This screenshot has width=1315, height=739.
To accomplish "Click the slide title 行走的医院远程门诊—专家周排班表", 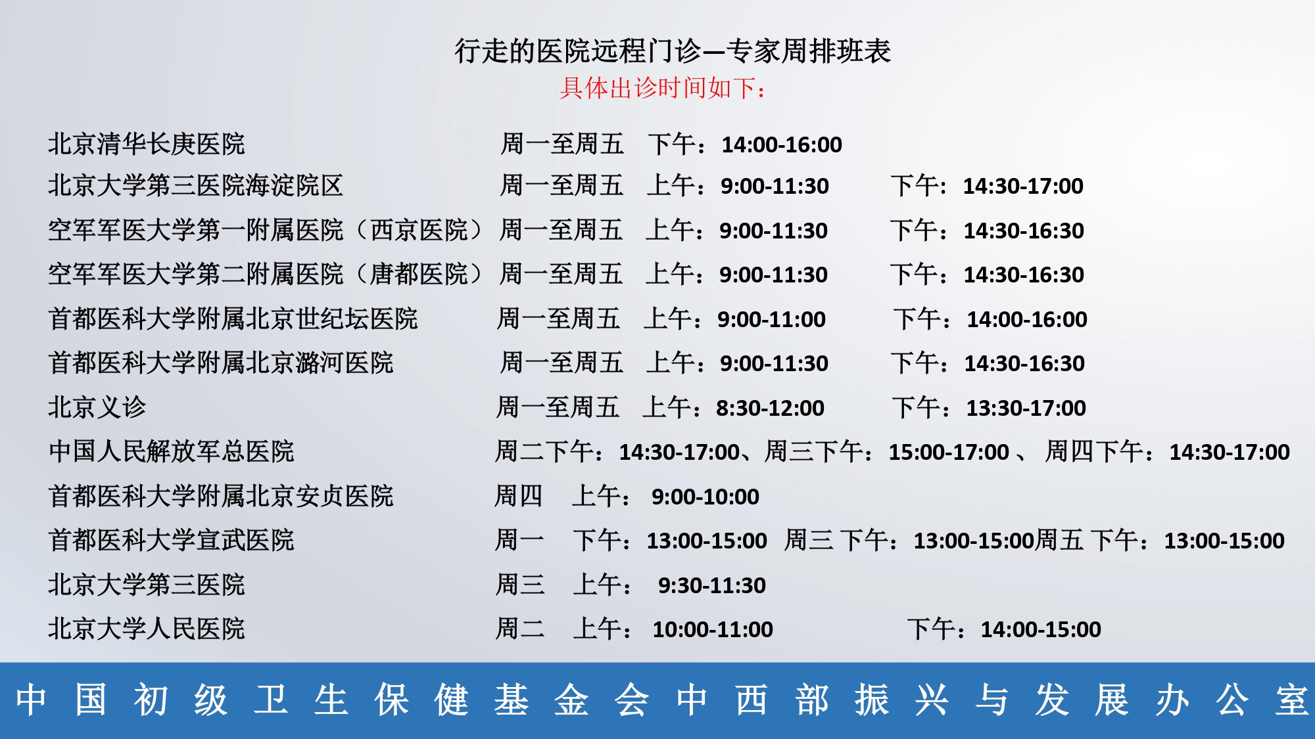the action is click(673, 51).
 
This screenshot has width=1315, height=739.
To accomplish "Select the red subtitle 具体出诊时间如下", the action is click(659, 88).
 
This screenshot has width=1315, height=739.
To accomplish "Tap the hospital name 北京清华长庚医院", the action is click(147, 144).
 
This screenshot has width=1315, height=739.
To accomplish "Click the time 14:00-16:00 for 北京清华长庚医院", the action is click(782, 145).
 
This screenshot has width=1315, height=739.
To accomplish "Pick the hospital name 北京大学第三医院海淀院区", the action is click(196, 186).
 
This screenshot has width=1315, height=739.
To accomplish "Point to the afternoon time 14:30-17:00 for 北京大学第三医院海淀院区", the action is click(1023, 187).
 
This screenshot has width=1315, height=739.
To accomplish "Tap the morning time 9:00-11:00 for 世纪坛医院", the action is click(771, 320).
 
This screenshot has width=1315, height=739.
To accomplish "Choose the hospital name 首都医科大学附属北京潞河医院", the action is click(221, 363).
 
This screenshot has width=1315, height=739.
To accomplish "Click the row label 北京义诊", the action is click(97, 407).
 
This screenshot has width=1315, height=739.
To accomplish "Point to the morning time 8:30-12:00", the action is click(770, 409).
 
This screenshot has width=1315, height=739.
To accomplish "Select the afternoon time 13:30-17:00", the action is click(1026, 409).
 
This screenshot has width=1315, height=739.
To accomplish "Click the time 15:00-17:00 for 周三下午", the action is click(949, 453).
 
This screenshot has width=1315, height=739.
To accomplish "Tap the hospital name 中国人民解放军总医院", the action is click(171, 452).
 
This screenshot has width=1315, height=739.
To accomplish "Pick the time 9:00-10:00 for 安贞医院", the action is click(705, 497).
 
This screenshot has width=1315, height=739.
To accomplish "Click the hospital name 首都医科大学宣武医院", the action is click(171, 541).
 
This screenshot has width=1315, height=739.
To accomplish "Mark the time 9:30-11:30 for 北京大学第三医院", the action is click(712, 586).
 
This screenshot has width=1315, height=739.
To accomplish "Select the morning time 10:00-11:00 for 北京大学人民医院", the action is click(713, 630).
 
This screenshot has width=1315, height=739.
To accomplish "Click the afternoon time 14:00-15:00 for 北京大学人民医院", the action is click(1041, 630).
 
